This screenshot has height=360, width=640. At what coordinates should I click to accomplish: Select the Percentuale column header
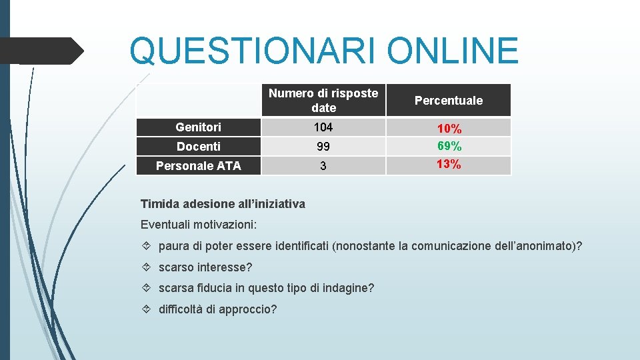[449, 101]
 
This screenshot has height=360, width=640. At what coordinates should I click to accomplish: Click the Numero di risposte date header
[323, 101]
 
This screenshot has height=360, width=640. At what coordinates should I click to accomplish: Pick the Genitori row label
[199, 127]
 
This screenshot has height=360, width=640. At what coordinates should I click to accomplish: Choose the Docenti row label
[199, 147]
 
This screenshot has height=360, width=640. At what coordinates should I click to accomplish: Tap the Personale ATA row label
[199, 166]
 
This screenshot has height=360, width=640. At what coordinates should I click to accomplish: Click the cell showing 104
[323, 127]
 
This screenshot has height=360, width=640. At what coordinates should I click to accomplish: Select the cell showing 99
[323, 147]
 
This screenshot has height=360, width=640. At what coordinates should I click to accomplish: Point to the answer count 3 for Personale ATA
[323, 166]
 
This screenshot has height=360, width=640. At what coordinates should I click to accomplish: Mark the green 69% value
[449, 146]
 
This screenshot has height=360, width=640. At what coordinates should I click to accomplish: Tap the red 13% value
[449, 164]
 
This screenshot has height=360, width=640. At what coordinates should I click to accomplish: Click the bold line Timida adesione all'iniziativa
[223, 204]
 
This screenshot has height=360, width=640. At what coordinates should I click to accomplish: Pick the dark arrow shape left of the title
[43, 50]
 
